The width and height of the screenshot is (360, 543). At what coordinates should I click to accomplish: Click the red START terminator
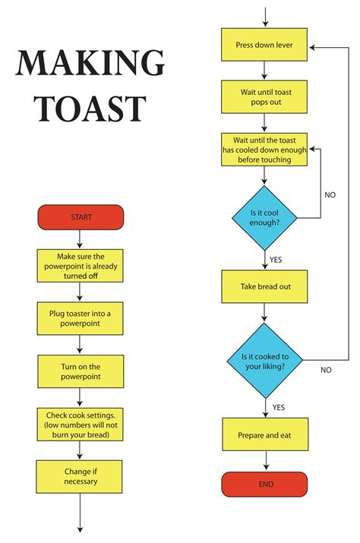tap(81, 217)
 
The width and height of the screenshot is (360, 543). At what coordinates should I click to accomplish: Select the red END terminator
tap(264, 484)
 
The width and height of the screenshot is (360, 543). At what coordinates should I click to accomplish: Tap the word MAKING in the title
tap(90, 64)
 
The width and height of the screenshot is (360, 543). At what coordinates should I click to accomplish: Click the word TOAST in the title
tap(90, 109)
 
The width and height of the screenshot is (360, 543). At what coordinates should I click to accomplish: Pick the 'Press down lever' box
tap(264, 46)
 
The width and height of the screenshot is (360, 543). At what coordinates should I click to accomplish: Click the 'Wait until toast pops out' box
tap(264, 96)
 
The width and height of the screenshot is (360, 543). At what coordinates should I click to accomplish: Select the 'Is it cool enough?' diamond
tap(264, 218)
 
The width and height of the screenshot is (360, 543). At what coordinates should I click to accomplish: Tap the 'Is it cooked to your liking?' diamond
tap(264, 360)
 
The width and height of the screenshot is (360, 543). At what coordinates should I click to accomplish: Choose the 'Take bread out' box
tap(264, 286)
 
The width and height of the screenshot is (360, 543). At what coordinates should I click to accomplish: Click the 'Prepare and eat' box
tap(264, 435)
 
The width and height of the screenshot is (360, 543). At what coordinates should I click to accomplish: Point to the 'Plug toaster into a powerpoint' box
tap(81, 318)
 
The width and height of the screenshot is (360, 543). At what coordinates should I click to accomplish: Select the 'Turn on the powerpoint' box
tap(81, 371)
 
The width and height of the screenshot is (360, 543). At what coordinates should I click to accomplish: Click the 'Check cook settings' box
tap(81, 425)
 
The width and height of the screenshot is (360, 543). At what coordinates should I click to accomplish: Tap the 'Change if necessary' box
tap(81, 476)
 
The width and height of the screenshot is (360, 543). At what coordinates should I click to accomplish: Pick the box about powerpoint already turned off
tap(81, 266)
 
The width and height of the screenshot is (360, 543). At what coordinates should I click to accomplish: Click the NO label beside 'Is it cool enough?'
tap(330, 195)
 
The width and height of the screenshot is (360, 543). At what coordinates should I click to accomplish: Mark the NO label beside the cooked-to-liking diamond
tap(326, 370)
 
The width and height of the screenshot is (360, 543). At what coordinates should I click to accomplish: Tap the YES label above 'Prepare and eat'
tap(278, 407)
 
